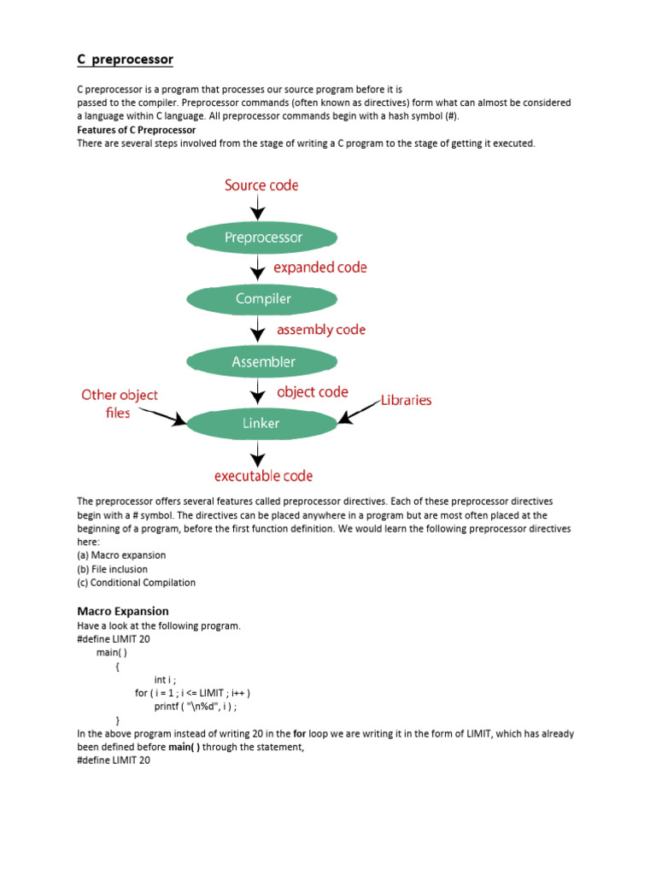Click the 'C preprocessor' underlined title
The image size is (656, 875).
tap(125, 59)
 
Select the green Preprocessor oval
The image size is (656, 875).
tap(263, 238)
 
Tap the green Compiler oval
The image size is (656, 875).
tap(263, 299)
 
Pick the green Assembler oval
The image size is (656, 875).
tap(263, 361)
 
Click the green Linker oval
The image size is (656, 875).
tap(261, 422)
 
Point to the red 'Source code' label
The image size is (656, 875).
tap(261, 185)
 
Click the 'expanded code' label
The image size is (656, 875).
tap(320, 267)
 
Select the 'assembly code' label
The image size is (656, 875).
tap(321, 329)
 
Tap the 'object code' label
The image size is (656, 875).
tap(313, 392)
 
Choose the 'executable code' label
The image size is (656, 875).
tap(263, 476)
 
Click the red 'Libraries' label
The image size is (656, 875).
tap(406, 400)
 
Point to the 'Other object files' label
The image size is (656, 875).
tap(120, 403)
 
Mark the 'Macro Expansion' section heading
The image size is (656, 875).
tap(123, 611)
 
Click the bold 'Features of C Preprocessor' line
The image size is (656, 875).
tap(136, 130)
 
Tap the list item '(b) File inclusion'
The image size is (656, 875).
tap(112, 569)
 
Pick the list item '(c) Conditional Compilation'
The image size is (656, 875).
tap(136, 583)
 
